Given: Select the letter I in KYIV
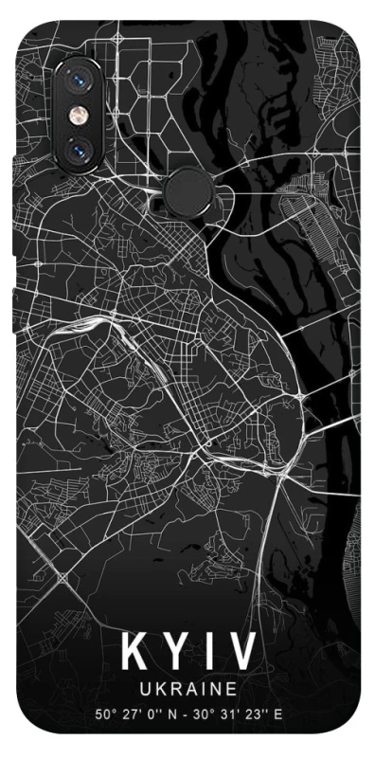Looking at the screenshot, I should [205, 652].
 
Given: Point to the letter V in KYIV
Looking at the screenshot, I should [239, 652].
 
